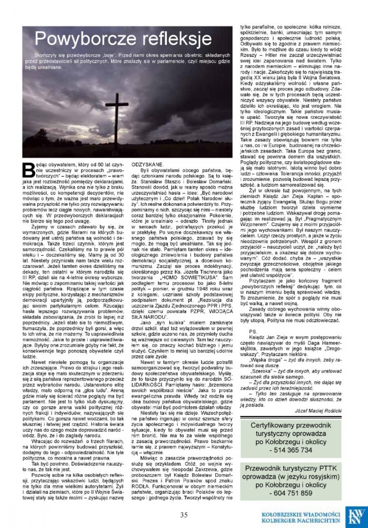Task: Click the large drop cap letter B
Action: coord(27,172)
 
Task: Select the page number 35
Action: coord(184,515)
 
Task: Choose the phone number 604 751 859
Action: coord(291,493)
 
